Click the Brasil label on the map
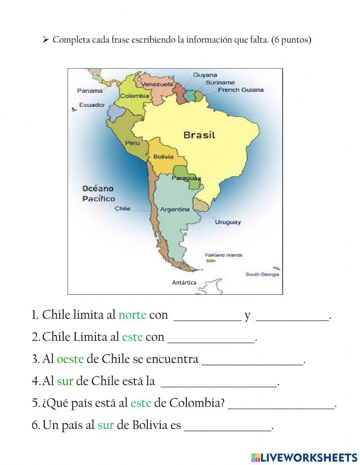pos(199,135)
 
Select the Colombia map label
pos(134,96)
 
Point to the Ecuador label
pos(92,105)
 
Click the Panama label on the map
pos(90,91)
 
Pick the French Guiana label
pos(240,90)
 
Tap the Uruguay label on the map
pos(228,222)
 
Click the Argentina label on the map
pos(175,209)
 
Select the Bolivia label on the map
pos(163,157)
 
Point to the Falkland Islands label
pos(224,255)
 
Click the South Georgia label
pos(262,274)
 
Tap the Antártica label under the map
pos(184,283)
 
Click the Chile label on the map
pos(122,209)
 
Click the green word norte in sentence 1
pos(132,315)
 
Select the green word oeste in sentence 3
pos(70,359)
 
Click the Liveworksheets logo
pos(304,457)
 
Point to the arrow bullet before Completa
pos(45,40)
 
